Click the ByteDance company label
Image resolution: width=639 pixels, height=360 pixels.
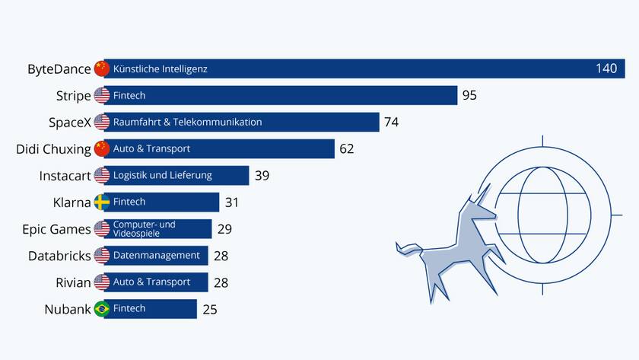tap(59, 69)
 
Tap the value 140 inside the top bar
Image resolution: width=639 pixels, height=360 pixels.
tap(606, 69)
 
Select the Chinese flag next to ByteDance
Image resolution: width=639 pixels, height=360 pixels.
tap(102, 68)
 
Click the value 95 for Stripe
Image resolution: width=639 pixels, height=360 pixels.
tap(469, 96)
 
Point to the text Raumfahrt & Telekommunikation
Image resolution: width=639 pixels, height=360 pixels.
tap(187, 122)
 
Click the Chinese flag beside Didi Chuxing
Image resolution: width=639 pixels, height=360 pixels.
tap(102, 148)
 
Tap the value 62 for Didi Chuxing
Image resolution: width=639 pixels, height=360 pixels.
tap(346, 149)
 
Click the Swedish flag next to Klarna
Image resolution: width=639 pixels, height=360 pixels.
tap(102, 202)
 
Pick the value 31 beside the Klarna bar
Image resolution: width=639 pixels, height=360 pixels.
tap(232, 202)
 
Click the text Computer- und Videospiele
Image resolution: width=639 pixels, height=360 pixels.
tap(144, 228)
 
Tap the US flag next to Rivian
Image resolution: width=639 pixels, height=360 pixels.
tap(102, 282)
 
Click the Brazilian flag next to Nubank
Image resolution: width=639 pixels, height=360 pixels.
tap(102, 308)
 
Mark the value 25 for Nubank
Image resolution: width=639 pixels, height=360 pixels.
tap(210, 309)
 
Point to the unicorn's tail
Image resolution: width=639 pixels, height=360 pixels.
tap(409, 248)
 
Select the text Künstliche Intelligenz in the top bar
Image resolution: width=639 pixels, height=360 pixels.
tap(160, 69)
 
